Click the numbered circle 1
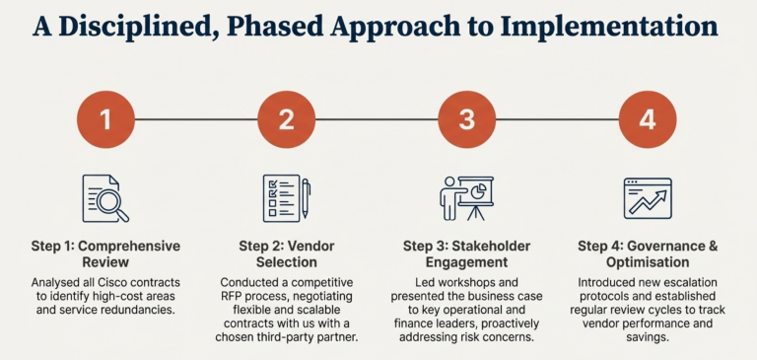coord(105,120)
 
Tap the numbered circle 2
coord(286,120)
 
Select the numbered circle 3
coord(466,120)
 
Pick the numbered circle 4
coord(647,120)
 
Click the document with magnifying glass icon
coord(105,198)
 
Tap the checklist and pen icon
coord(286,197)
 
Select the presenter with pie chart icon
coord(466,197)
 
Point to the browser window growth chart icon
coord(647,197)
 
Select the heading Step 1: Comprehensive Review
coord(105,253)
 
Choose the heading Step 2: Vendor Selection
coord(286,253)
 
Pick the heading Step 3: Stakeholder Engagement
coord(466,253)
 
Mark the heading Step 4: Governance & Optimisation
coord(647,253)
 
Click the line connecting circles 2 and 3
coord(376,120)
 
